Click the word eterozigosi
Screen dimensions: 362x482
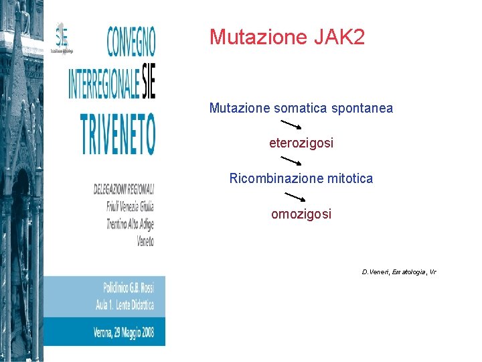click(x=301, y=143)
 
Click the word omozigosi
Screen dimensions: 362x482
click(x=301, y=215)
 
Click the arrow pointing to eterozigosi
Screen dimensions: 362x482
click(x=291, y=125)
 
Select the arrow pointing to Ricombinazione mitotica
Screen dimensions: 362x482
click(x=291, y=160)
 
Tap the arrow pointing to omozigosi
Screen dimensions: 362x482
click(x=295, y=196)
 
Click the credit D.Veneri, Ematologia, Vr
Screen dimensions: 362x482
click(x=398, y=272)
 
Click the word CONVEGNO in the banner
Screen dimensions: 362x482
click(x=131, y=41)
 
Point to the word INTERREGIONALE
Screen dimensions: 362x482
click(x=104, y=83)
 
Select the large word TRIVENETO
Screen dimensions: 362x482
click(x=117, y=134)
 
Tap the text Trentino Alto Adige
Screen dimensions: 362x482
click(x=130, y=223)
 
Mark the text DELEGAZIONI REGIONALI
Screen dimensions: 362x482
click(x=124, y=190)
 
